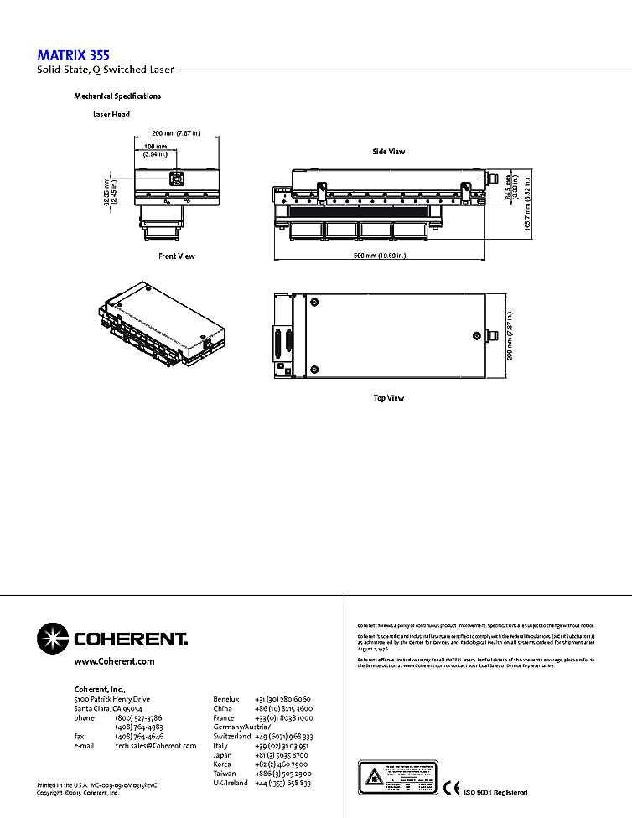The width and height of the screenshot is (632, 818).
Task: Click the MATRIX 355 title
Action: [x=73, y=55]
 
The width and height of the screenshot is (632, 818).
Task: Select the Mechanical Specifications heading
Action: [x=117, y=96]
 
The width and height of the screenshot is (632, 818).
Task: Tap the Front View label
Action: [x=177, y=256]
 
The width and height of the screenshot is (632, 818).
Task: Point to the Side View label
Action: [x=389, y=152]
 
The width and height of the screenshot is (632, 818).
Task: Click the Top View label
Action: [x=389, y=398]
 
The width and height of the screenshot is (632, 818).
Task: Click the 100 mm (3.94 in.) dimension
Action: [x=155, y=151]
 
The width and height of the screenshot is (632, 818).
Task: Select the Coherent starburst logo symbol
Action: [x=53, y=639]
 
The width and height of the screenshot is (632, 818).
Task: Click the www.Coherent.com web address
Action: [x=115, y=661]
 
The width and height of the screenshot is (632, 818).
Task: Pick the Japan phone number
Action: [x=281, y=755]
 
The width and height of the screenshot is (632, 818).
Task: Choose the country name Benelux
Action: [x=226, y=699]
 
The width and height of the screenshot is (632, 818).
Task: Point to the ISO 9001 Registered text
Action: [x=495, y=792]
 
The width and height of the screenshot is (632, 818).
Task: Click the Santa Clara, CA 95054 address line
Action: [x=108, y=708]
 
